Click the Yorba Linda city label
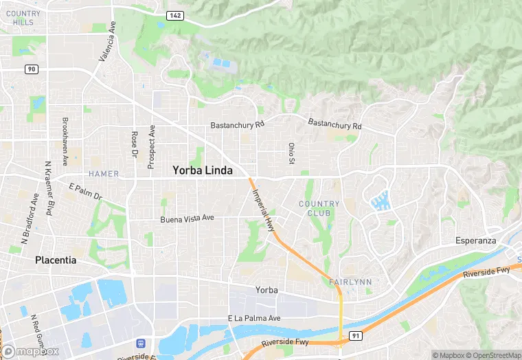pos(203,170)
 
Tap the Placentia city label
pos(56,260)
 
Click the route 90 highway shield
pos(31,69)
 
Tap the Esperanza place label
pos(476,240)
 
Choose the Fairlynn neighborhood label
pos(350,282)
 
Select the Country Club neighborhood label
pos(319,208)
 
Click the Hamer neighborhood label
pos(104,174)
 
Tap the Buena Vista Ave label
pos(187,218)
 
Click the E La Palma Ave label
pos(254,318)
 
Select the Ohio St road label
pos(291,153)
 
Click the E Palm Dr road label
pos(85,192)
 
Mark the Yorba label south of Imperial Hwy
pos(266,290)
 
